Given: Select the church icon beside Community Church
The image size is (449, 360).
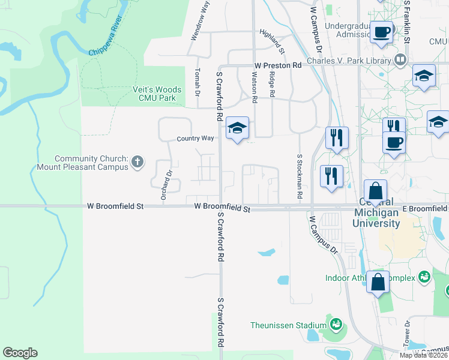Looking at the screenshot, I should [137, 161].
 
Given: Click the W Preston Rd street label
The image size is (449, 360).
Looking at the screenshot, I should [277, 65].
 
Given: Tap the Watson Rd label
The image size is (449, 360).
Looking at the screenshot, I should [255, 86].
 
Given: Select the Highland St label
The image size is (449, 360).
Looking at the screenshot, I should [272, 38].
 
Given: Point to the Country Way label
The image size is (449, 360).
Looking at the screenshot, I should [195, 139].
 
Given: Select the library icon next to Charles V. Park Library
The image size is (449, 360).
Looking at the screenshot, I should [400, 60].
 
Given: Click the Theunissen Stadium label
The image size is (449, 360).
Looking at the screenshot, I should [288, 326].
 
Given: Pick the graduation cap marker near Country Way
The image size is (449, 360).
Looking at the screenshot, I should [237, 127].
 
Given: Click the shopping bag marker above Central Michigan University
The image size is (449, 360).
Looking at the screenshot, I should [375, 192].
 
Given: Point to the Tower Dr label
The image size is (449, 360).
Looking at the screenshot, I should [408, 331].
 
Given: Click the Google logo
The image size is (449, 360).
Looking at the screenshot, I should [20, 353].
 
